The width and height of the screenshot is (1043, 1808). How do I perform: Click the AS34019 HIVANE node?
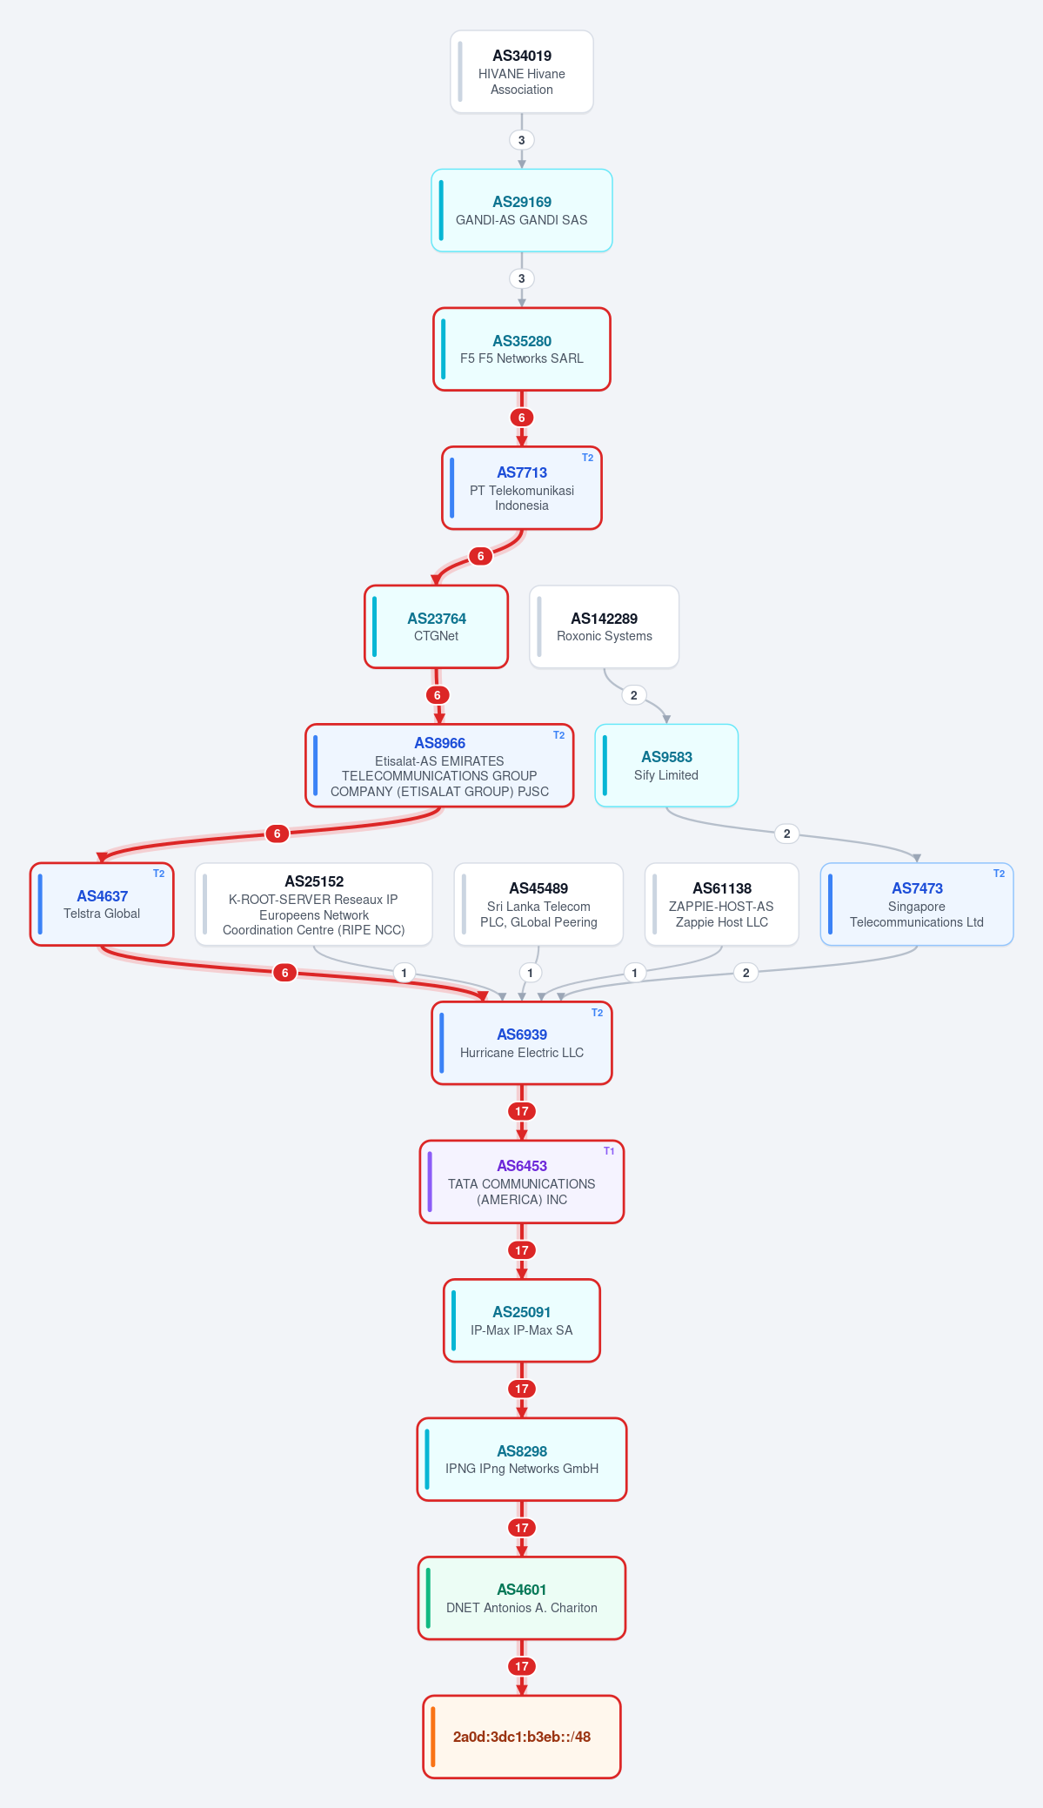click(x=522, y=72)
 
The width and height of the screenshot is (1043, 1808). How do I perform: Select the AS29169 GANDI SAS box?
click(x=522, y=211)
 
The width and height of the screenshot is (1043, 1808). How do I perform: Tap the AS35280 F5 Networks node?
click(x=522, y=349)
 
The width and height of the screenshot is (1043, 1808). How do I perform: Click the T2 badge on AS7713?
click(x=588, y=458)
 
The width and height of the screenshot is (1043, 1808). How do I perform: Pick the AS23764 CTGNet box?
click(x=436, y=626)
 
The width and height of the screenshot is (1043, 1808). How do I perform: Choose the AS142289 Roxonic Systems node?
click(x=605, y=626)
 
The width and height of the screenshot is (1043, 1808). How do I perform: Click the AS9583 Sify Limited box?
click(x=666, y=766)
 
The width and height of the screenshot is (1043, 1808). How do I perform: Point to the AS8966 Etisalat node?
click(x=439, y=766)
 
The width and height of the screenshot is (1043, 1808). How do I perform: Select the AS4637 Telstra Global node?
click(x=102, y=904)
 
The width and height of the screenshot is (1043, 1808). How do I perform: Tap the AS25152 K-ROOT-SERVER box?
click(x=314, y=904)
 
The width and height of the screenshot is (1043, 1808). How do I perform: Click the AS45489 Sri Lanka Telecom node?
click(x=538, y=904)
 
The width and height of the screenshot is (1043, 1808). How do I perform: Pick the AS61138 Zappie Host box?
click(x=722, y=904)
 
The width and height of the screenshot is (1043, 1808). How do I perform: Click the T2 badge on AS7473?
click(x=1000, y=874)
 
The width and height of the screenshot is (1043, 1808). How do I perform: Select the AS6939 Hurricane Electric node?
click(x=522, y=1043)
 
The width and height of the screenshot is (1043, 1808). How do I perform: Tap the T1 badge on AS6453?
click(x=609, y=1151)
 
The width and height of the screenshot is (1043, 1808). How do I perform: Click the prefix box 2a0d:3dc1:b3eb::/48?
click(x=522, y=1737)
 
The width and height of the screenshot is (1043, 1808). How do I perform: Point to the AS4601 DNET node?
click(x=522, y=1598)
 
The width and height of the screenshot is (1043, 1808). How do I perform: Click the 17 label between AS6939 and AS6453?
click(x=522, y=1111)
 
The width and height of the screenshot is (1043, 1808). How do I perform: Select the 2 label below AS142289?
click(x=634, y=695)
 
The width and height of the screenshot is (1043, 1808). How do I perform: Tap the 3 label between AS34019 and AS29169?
click(x=522, y=140)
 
